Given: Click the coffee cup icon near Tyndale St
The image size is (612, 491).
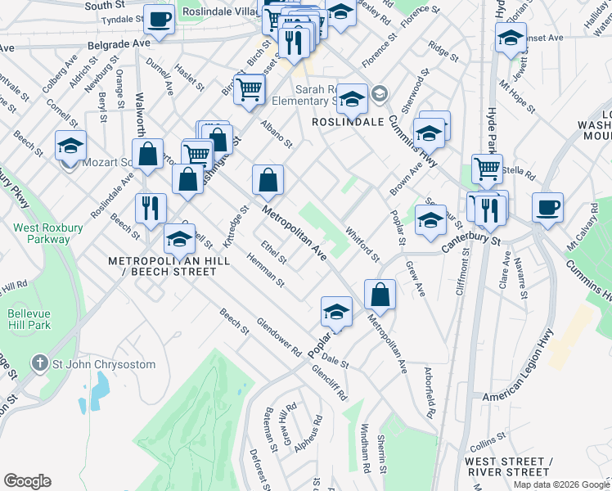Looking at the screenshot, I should tap(159, 18).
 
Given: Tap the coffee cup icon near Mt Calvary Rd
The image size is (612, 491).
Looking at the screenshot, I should tap(547, 207).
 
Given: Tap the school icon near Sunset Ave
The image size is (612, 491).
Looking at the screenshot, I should tap(511, 38).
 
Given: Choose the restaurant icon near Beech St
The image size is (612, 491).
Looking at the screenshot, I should tap(150, 208).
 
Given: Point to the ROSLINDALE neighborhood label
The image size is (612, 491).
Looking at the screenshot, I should tap(348, 121).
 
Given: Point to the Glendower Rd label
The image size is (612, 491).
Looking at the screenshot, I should tap(279, 336).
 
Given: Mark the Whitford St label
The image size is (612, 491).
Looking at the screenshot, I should tap(362, 245).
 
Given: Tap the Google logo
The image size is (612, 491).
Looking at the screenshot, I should tap(27, 481).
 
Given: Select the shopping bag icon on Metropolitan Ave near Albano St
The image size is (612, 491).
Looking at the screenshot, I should tap(268, 181).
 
